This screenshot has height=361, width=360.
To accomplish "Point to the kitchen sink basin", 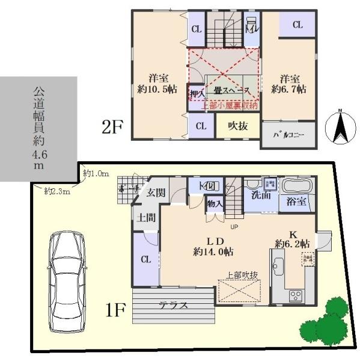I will [278, 265].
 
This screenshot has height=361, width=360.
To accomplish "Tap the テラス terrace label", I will [173, 305].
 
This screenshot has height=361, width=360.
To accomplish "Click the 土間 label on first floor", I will [144, 217].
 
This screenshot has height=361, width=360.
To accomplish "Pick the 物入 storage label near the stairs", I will [215, 204].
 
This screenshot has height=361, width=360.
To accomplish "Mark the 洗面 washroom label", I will [260, 196].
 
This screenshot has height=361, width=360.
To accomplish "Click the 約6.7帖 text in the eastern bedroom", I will [289, 88].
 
